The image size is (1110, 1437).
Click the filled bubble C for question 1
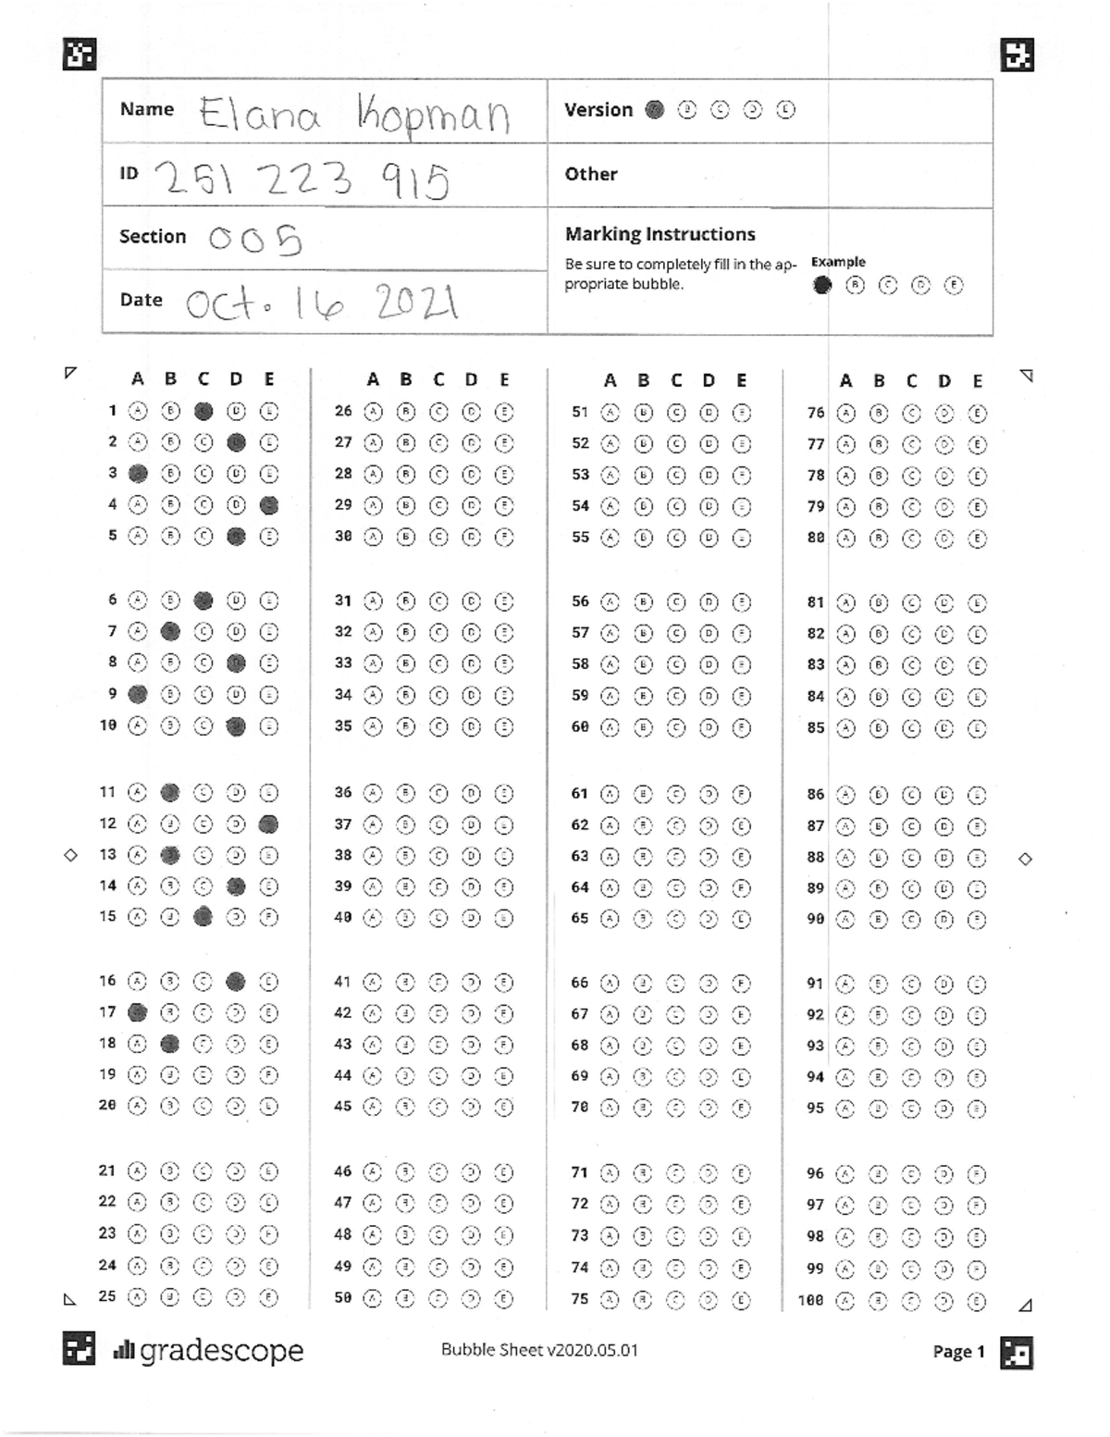point(203,411)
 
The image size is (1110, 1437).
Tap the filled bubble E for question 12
point(269,824)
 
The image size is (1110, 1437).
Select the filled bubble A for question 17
point(137,1012)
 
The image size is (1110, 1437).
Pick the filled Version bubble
point(654,110)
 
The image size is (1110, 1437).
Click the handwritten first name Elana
point(260,115)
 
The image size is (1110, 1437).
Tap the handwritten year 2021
point(416,302)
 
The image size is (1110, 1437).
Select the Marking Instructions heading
point(660,234)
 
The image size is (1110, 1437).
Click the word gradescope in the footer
point(221,1351)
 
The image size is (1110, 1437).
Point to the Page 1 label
point(958,1352)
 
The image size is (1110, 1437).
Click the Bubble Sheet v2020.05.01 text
point(539,1349)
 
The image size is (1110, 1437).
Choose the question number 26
point(343,411)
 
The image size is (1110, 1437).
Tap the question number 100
point(810,1301)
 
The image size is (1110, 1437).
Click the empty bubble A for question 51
point(610,413)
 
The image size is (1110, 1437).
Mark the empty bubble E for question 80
point(977,539)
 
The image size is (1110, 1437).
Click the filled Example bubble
point(821,285)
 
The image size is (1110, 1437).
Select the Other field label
point(590,174)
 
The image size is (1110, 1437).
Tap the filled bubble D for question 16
point(236,981)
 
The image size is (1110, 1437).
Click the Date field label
point(141,300)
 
